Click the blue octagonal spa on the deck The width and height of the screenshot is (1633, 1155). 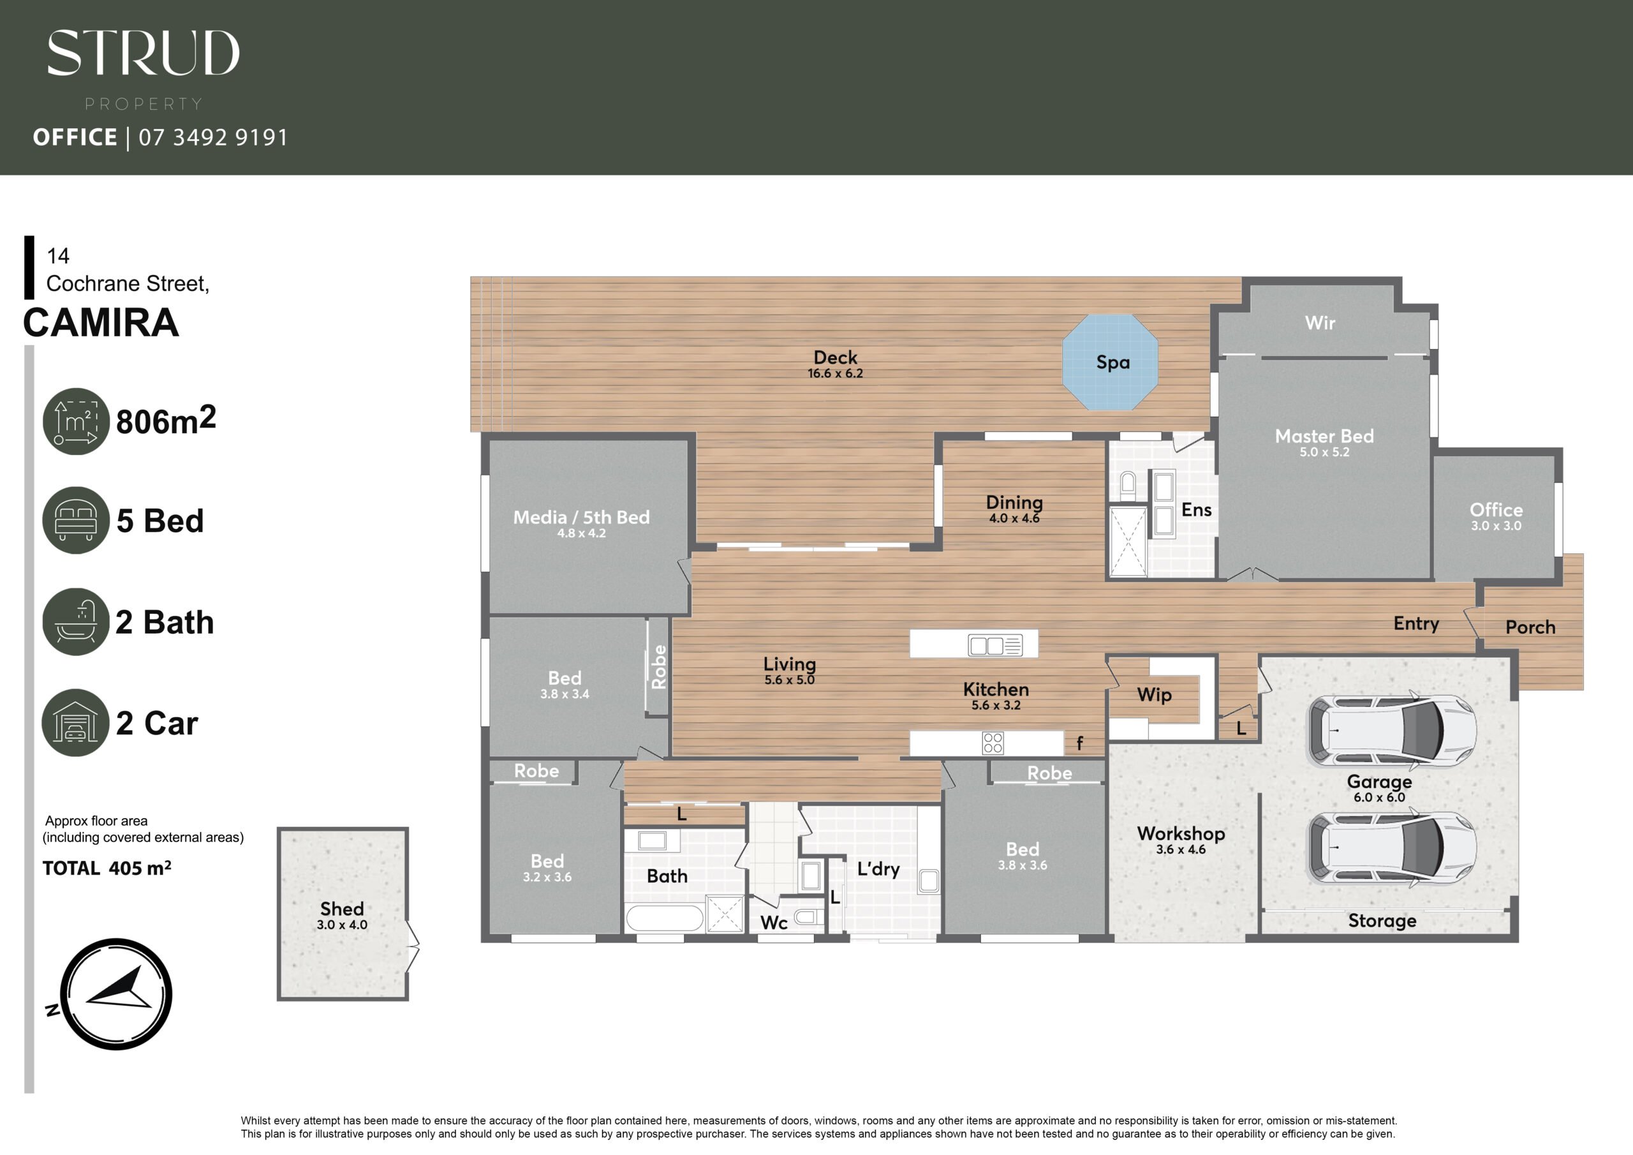[1109, 362]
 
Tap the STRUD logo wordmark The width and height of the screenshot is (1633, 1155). [143, 53]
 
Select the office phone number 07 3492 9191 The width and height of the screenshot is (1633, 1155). [213, 137]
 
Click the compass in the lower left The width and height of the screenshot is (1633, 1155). [116, 994]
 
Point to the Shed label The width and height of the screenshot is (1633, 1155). [342, 909]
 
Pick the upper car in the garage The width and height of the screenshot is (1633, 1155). [1392, 730]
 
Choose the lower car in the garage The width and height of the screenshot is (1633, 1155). [1392, 847]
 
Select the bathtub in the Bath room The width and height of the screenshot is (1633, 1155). [664, 918]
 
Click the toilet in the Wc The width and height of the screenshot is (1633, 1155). [808, 918]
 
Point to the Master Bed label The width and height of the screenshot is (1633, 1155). [1324, 436]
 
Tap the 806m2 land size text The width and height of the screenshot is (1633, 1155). [166, 420]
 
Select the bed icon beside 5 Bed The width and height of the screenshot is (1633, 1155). [76, 520]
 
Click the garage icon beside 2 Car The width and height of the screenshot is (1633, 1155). [75, 722]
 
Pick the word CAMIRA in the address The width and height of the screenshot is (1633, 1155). [101, 322]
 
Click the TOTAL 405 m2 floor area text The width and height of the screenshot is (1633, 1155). [107, 868]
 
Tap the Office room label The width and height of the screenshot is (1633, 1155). [1496, 509]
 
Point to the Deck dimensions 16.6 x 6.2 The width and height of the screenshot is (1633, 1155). [835, 373]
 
